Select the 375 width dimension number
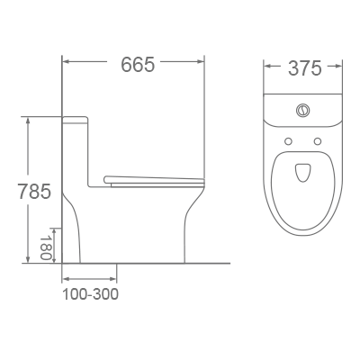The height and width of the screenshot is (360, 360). (x=303, y=68)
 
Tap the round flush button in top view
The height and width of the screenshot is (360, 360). (x=302, y=112)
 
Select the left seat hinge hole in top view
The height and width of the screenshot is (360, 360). (x=287, y=141)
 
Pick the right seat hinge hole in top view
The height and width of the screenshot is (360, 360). (x=318, y=141)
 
